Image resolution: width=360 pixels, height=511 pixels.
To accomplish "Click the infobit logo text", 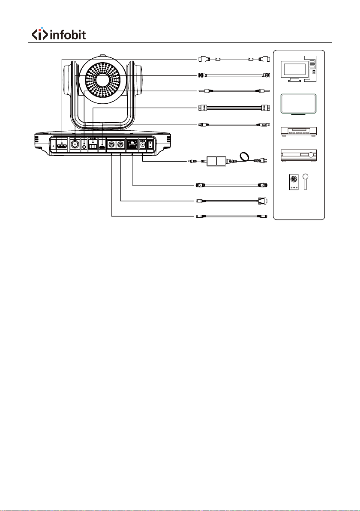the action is (x=68, y=35).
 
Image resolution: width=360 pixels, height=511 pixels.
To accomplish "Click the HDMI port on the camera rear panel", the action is (x=62, y=147).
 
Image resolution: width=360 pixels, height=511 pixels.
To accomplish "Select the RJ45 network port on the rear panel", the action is (x=132, y=145).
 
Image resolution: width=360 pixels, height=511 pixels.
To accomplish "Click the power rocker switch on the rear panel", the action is (x=150, y=145).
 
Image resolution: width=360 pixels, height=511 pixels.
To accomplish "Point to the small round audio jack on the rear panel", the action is (x=84, y=147).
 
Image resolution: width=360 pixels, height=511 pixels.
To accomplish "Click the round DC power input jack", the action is (x=142, y=146).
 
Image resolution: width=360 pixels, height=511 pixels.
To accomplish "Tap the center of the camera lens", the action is (x=102, y=80).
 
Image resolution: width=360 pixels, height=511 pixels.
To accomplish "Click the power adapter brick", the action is (x=217, y=161).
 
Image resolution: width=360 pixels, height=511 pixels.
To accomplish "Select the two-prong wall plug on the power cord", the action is (x=263, y=161).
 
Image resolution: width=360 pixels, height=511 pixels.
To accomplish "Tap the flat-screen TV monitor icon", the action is (x=299, y=104).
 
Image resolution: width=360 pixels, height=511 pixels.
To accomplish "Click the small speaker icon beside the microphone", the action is (x=294, y=182).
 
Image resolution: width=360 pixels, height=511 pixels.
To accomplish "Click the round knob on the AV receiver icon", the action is (x=312, y=154).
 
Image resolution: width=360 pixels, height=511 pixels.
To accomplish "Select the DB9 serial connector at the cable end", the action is (x=262, y=201).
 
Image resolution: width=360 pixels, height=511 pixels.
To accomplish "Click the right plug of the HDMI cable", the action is (x=264, y=59).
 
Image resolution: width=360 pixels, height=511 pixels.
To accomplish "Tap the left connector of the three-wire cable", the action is (x=202, y=108).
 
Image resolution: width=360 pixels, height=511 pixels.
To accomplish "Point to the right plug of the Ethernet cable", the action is (x=263, y=185).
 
